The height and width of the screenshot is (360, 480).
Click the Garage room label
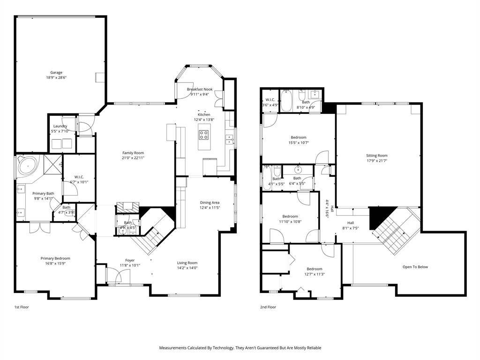56,73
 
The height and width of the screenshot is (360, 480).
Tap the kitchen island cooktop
204,135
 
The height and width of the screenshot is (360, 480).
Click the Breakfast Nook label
200,89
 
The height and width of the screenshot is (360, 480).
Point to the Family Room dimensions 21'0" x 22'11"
133,158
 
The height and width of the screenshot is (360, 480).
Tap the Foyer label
130,260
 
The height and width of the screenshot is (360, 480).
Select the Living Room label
187,263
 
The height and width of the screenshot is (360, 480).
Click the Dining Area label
210,202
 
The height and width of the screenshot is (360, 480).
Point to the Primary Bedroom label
55,258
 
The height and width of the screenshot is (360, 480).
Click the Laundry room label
60,126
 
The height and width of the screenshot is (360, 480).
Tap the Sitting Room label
377,156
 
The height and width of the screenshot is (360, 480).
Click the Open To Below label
415,267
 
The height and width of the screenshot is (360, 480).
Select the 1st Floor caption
22,307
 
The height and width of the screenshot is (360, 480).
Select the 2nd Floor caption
268,307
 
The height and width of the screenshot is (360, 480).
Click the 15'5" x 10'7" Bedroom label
299,137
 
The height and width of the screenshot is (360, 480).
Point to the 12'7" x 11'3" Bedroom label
315,269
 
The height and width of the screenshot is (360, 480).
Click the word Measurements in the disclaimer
175,348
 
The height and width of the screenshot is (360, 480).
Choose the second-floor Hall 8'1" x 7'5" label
350,223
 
